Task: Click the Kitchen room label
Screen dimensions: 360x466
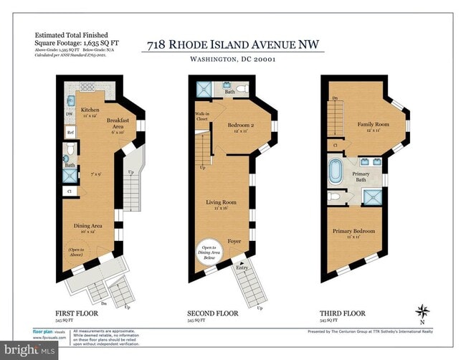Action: pos(90,110)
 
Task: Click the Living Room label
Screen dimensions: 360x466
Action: pos(217,202)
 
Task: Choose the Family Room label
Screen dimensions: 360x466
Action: pos(373,125)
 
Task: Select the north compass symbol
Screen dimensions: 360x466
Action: pos(423,312)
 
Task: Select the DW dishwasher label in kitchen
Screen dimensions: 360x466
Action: pos(70,114)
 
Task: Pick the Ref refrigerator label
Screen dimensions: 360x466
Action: pos(70,133)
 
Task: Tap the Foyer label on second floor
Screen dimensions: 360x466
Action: pos(235,241)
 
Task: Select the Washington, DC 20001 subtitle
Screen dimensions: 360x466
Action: pos(235,60)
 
